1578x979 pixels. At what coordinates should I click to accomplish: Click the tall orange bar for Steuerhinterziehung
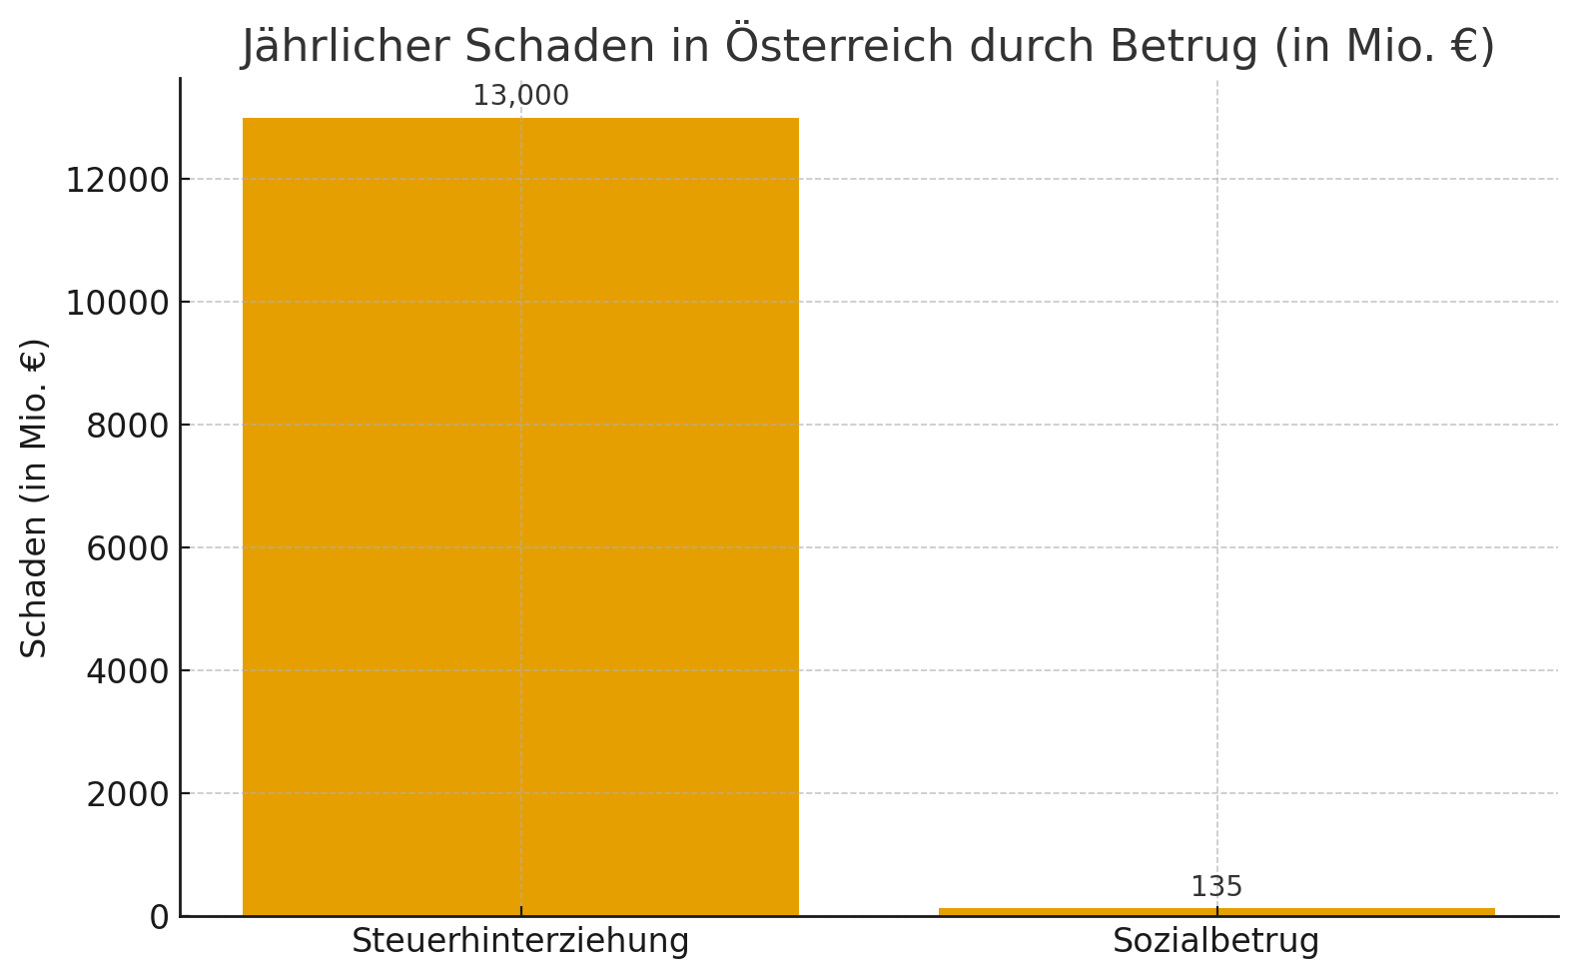(x=520, y=516)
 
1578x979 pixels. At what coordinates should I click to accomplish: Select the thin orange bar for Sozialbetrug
(x=1216, y=911)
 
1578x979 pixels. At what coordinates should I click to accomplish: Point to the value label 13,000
(x=520, y=96)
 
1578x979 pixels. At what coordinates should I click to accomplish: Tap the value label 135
(x=1216, y=887)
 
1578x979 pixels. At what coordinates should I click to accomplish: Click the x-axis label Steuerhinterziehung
(x=520, y=942)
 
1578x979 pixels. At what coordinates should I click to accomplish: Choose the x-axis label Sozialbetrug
(x=1216, y=942)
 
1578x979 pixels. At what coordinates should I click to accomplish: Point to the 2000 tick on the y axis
(x=128, y=795)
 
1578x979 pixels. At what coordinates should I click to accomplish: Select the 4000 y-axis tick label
(x=128, y=672)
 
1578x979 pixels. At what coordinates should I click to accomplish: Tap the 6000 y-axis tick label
(x=128, y=549)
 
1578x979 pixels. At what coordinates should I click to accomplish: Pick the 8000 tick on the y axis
(x=128, y=427)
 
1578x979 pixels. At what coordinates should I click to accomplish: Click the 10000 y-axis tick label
(x=118, y=303)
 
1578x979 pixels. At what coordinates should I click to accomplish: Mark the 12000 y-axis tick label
(x=118, y=181)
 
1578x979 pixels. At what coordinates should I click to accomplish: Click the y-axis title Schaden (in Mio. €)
(x=34, y=497)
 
